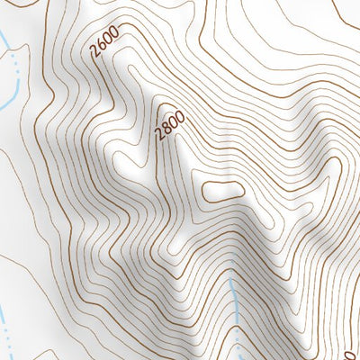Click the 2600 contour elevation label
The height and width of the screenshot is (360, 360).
(x=105, y=42)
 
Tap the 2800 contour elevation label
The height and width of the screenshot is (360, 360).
(x=169, y=127)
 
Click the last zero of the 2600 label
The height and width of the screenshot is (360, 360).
(x=113, y=33)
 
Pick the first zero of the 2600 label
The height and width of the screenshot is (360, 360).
(x=108, y=40)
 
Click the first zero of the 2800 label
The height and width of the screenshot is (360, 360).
(x=172, y=123)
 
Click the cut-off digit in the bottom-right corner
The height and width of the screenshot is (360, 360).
(x=353, y=355)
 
